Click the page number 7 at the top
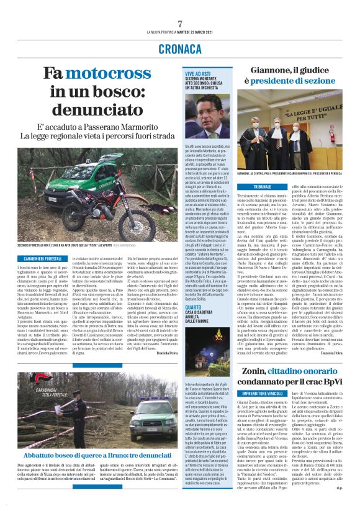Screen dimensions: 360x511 (x=179, y=24)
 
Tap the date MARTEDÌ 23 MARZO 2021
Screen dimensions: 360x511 (x=192, y=33)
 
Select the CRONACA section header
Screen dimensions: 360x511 (x=179, y=48)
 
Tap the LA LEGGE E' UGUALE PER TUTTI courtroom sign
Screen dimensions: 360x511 (x=304, y=114)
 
